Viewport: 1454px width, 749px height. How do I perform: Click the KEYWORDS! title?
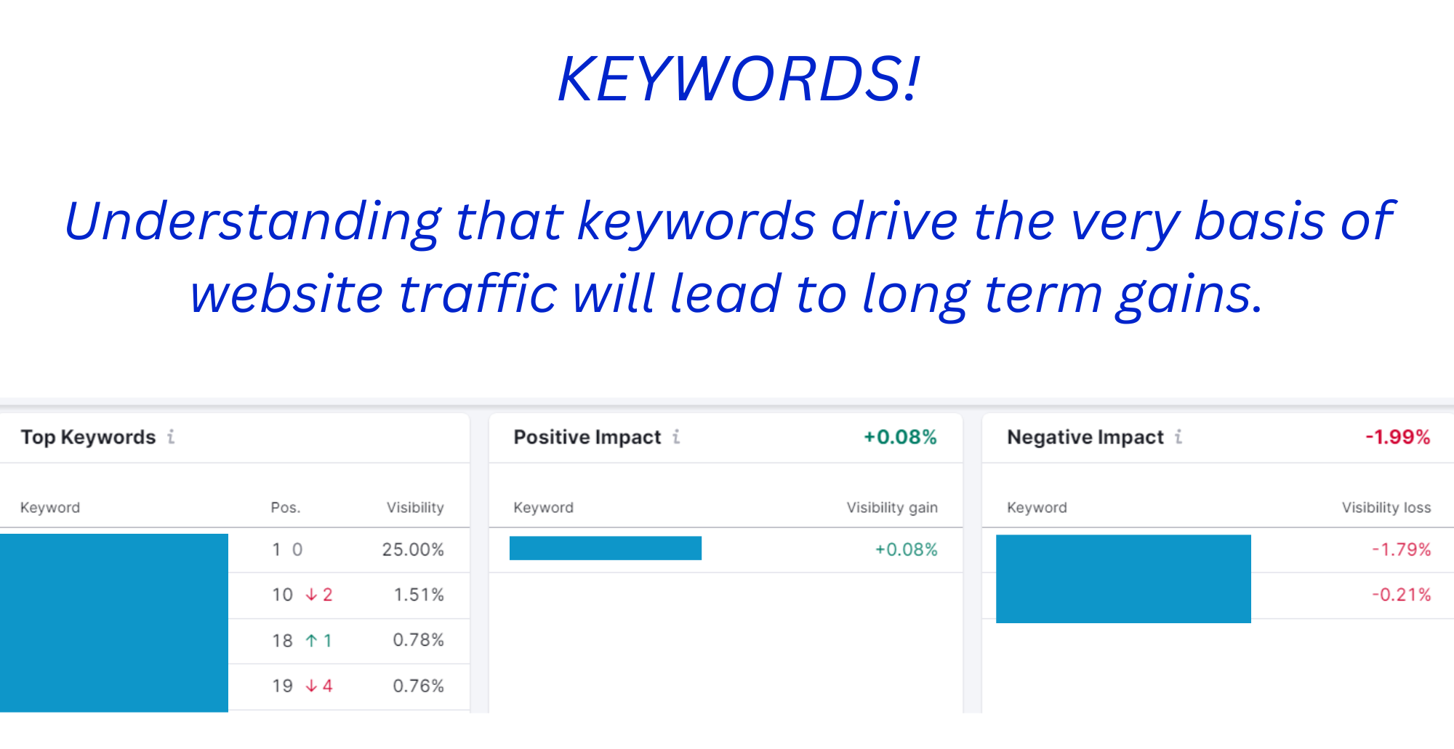click(x=739, y=79)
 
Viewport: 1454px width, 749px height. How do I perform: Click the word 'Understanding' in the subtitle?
click(x=252, y=222)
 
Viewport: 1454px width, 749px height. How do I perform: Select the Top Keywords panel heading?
click(x=88, y=437)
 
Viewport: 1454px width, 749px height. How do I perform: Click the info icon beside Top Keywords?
click(x=171, y=436)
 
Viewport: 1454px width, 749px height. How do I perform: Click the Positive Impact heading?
click(x=587, y=437)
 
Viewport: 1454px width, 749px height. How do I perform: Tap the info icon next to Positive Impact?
click(x=676, y=436)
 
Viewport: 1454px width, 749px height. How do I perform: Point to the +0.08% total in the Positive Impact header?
click(x=900, y=437)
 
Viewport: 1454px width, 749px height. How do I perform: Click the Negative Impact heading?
click(x=1085, y=437)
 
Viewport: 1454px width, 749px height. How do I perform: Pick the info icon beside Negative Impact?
click(x=1178, y=436)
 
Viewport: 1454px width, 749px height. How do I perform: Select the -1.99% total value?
click(x=1397, y=437)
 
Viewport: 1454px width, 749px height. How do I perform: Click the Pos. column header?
click(x=286, y=508)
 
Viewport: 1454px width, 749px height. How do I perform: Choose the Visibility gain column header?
click(x=892, y=508)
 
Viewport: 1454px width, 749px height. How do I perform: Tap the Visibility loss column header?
click(x=1386, y=508)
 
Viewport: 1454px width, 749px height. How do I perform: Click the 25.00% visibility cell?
click(x=413, y=550)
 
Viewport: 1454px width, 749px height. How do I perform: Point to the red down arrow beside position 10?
click(x=311, y=595)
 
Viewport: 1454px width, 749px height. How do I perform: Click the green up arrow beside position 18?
click(x=311, y=641)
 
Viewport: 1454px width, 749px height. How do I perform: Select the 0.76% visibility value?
click(x=418, y=686)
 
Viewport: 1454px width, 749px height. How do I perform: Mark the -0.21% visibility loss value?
click(x=1401, y=595)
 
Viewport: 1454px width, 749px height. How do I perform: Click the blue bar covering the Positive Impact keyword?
click(x=606, y=548)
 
